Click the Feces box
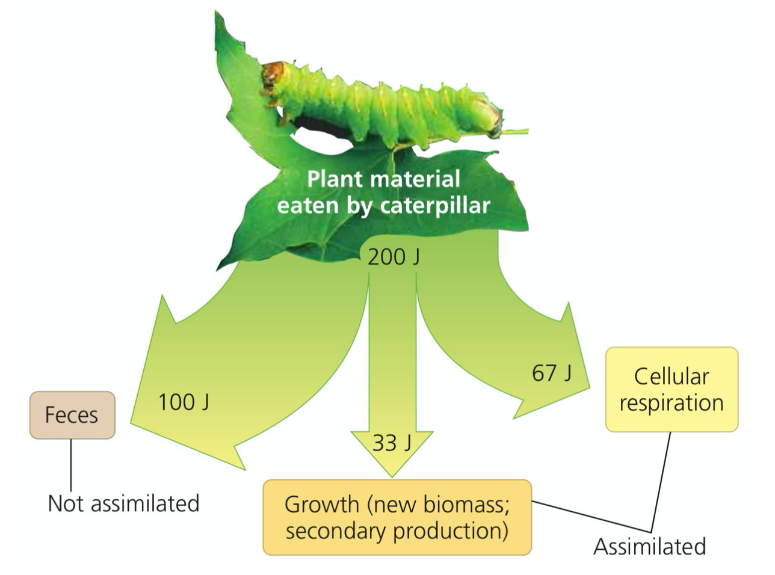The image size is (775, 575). [72, 415]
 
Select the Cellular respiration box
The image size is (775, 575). [672, 389]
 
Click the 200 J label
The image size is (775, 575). [394, 257]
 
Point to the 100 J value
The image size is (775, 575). [184, 402]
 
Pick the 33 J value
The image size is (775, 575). [392, 443]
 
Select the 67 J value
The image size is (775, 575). [552, 373]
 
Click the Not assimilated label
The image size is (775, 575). [123, 503]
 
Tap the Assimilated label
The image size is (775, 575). [649, 547]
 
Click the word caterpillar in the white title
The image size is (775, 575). [435, 206]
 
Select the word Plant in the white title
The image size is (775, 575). [334, 179]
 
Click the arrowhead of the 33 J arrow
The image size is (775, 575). [392, 457]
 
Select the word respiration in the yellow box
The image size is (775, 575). [672, 403]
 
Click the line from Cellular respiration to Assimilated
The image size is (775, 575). [661, 481]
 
